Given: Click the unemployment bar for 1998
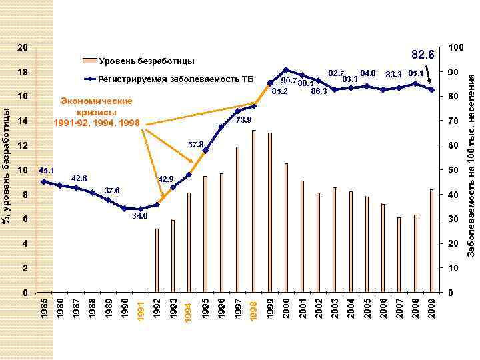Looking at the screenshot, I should (254, 211).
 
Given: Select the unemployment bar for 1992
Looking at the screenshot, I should (157, 261).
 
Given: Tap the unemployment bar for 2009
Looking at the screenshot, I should (432, 241).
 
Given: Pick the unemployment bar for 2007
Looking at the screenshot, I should (399, 255).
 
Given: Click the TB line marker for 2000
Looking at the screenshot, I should (286, 69).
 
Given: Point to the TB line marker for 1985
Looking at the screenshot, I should (43, 181).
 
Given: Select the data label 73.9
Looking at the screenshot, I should (243, 120).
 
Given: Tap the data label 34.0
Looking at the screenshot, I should (140, 216).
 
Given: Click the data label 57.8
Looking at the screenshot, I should (195, 144).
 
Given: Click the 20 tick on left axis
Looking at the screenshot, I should (22, 48).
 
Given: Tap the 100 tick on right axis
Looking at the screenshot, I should (456, 48).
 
